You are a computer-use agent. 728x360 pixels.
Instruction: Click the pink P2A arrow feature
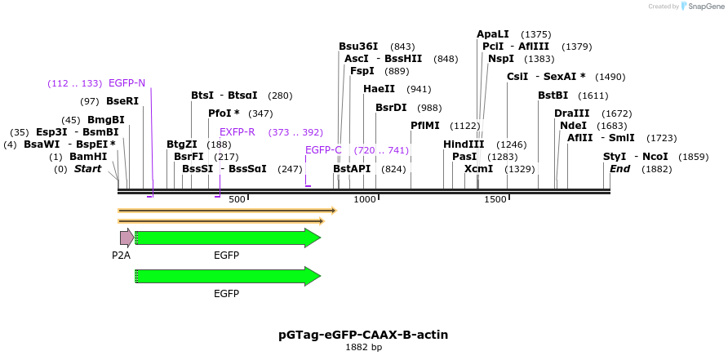click(127, 238)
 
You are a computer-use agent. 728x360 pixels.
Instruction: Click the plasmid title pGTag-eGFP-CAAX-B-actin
click(363, 335)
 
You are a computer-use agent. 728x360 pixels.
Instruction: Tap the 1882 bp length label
click(363, 348)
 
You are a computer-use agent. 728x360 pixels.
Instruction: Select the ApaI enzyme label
click(492, 34)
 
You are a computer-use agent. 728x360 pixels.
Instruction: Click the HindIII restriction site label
click(464, 144)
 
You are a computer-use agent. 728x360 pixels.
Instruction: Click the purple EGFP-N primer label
click(127, 83)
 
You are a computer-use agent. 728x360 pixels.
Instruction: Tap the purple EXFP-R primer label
click(237, 132)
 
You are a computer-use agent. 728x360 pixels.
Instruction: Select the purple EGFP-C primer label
click(323, 150)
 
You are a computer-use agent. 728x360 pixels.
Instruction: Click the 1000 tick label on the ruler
click(364, 200)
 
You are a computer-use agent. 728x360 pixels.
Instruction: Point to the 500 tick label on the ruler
click(237, 200)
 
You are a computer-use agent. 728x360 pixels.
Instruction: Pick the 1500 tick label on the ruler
click(495, 200)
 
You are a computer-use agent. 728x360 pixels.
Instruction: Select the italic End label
click(619, 169)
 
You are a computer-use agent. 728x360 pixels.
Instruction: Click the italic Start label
click(88, 169)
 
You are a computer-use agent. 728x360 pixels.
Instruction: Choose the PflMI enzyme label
click(424, 126)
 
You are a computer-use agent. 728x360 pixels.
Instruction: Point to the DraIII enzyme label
click(571, 113)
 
